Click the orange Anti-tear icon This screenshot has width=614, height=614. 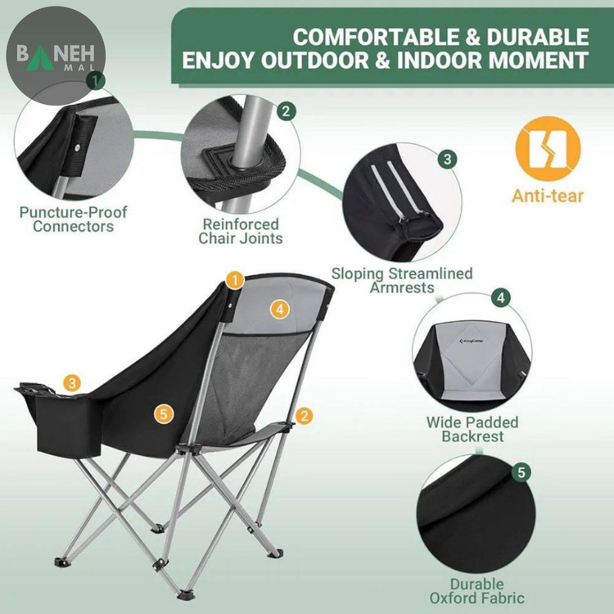coord(548,149)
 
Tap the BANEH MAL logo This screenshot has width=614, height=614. coord(56,56)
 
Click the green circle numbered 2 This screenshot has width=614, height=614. coord(287,111)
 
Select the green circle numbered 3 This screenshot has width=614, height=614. coord(448,160)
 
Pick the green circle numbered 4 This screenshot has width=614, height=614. coord(501,298)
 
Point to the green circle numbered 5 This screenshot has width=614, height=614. coord(521,472)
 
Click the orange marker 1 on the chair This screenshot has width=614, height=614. coord(235,280)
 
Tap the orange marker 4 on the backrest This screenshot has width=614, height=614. coord(280,309)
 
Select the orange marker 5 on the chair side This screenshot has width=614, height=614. coord(164,414)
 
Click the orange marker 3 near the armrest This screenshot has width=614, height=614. coord(72,383)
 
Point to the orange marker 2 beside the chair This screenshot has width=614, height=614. coord(305,416)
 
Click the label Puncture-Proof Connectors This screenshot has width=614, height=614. coord(73,219)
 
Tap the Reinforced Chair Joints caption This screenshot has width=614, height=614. coord(241,231)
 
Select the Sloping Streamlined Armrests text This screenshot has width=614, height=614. coord(402,280)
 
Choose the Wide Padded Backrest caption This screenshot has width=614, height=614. coord(472,429)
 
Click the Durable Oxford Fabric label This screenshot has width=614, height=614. coord(476,591)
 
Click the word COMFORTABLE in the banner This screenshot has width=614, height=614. coord(374,38)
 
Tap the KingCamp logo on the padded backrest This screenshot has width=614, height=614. coord(471,341)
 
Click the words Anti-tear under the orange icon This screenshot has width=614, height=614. coord(548,196)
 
